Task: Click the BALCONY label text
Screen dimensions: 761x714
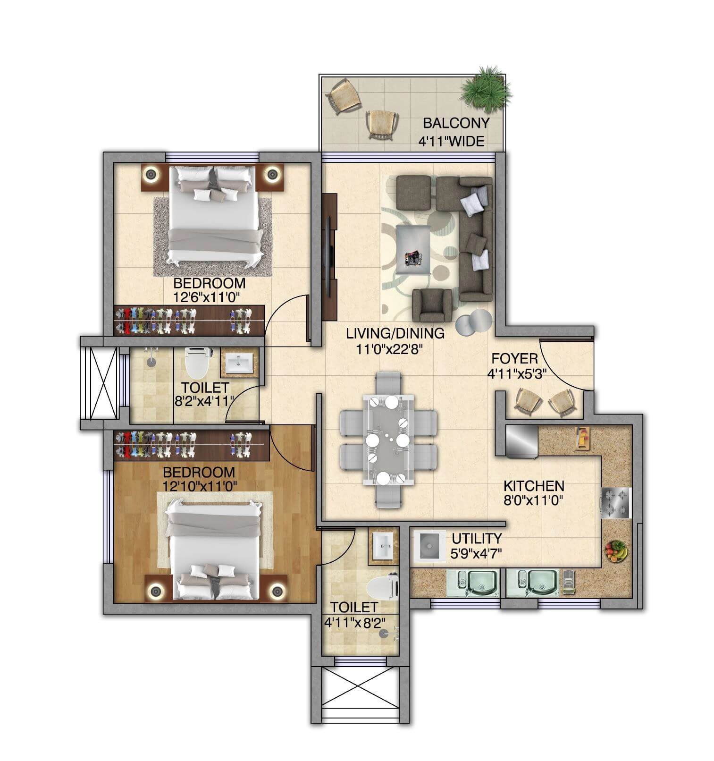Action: pyautogui.click(x=455, y=123)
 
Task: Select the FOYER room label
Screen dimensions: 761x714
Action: pyautogui.click(x=514, y=358)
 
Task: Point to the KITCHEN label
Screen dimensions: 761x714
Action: pyautogui.click(x=533, y=485)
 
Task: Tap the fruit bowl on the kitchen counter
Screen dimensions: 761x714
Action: pyautogui.click(x=616, y=551)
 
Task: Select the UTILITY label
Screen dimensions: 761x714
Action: pyautogui.click(x=477, y=538)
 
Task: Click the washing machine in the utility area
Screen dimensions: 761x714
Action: pyautogui.click(x=429, y=546)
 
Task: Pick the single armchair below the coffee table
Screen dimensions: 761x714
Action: pyautogui.click(x=431, y=305)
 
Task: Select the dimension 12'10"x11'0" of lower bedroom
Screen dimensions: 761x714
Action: pyautogui.click(x=199, y=485)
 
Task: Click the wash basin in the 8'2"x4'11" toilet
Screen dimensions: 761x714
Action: pyautogui.click(x=239, y=364)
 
